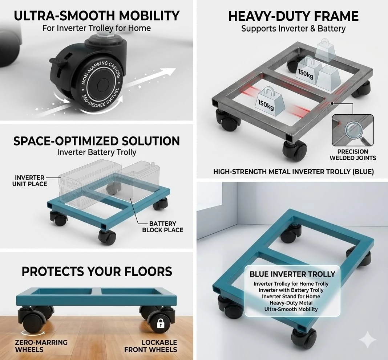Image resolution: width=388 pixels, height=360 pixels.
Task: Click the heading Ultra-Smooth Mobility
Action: [97, 16]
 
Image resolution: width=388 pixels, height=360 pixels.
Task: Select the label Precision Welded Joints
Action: [353, 155]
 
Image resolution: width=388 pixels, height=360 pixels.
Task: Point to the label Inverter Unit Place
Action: [30, 181]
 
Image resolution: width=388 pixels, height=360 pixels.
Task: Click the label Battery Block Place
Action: [162, 227]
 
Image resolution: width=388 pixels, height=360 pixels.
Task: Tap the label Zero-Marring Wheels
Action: [41, 346]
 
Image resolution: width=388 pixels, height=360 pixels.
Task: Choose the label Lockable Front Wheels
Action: [151, 346]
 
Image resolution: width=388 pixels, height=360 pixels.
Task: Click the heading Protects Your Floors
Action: [97, 271]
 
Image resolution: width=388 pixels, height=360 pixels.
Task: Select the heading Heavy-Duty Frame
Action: [293, 16]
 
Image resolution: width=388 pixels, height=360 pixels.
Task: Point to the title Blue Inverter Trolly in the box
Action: [292, 274]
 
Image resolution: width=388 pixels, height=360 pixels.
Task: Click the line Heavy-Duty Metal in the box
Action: [291, 303]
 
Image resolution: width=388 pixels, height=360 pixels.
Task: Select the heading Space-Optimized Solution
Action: [97, 141]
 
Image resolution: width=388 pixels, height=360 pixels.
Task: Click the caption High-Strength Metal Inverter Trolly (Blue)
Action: [294, 172]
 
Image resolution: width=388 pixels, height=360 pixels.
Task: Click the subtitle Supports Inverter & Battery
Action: [293, 29]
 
